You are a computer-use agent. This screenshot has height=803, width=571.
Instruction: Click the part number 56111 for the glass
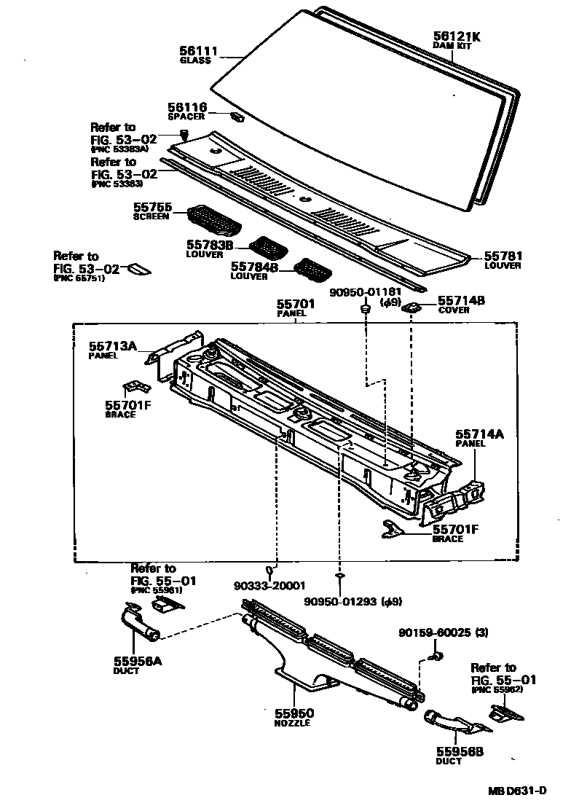point(199,50)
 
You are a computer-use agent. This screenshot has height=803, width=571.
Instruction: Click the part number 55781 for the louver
point(503,256)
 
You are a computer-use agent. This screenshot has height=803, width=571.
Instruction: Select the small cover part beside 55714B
point(412,307)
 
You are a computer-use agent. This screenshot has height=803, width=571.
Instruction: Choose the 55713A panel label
point(113,346)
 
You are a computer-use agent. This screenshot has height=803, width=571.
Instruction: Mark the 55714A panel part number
point(479,434)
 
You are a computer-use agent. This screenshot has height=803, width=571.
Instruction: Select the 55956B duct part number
point(449,751)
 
